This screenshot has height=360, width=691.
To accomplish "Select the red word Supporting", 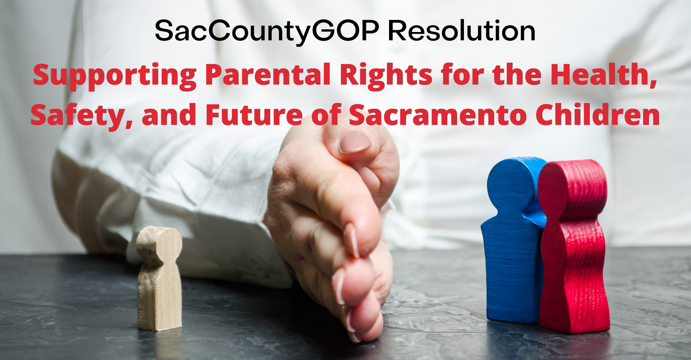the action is (115, 76).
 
